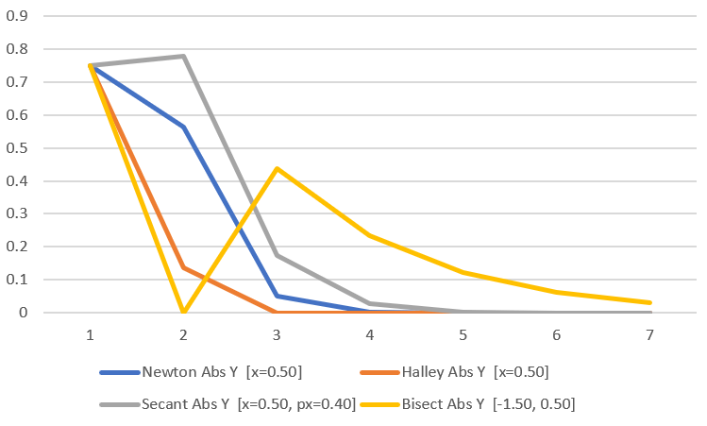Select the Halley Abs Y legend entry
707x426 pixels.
point(475,369)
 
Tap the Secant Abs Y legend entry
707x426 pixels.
point(247,403)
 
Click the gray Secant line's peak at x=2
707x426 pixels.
point(183,56)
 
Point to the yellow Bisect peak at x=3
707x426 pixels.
point(277,168)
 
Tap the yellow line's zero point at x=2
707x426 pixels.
point(183,312)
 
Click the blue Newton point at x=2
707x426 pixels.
point(183,127)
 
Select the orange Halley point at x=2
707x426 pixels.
point(183,267)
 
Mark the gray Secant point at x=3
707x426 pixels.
point(277,255)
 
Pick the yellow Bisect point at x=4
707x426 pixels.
point(370,235)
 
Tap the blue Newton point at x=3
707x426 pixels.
point(277,296)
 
